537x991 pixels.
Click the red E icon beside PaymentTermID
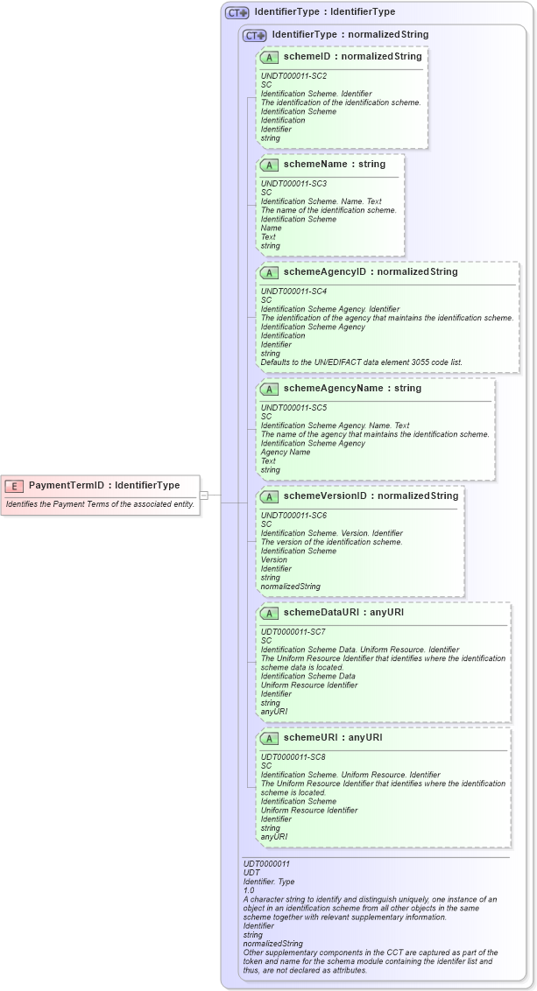coord(14,485)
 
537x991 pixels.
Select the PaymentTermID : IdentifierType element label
coord(104,485)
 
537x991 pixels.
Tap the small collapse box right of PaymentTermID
coord(203,495)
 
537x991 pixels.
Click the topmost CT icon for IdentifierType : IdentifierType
coord(237,13)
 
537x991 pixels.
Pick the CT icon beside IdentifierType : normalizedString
coord(255,35)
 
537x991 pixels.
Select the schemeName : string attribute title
coord(334,164)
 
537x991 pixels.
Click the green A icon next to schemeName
coord(270,165)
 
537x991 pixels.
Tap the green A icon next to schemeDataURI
coord(270,613)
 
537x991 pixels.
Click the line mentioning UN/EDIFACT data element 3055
coord(362,362)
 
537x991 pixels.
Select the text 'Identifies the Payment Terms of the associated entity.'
coord(100,504)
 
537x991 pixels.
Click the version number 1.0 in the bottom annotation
coord(250,890)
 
